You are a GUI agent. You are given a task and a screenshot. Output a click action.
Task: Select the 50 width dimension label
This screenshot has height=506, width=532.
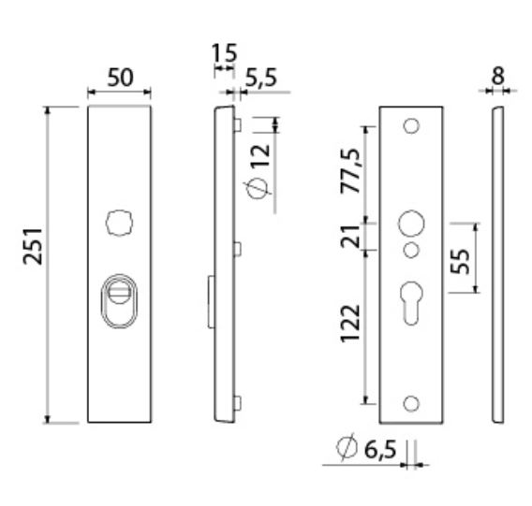[x=119, y=78]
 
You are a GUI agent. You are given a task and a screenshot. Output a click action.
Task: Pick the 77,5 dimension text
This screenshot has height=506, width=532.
[x=350, y=169]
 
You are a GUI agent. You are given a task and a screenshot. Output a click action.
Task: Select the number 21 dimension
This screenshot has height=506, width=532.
[x=350, y=237]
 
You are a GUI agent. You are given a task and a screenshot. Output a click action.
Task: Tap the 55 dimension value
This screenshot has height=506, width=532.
[x=459, y=259]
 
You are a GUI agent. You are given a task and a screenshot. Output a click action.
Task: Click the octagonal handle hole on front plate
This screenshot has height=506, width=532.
[x=119, y=224]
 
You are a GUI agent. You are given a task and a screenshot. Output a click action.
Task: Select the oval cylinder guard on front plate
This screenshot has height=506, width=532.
[x=119, y=298]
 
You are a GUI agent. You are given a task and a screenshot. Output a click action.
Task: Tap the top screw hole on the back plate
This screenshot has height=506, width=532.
[x=410, y=125]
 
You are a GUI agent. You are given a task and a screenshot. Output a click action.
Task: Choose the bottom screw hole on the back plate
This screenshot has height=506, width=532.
[x=410, y=402]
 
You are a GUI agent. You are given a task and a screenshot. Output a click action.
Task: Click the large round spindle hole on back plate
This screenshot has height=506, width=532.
[x=410, y=224]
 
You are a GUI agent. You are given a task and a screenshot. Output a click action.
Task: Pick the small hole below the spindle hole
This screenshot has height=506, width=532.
[x=410, y=249]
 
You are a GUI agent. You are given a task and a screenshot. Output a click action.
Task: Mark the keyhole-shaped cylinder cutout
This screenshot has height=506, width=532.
[x=410, y=299]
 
